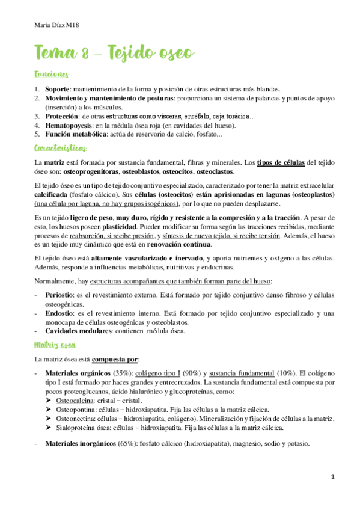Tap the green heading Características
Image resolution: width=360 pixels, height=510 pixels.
click(61, 147)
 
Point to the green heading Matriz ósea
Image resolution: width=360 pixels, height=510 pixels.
click(55, 344)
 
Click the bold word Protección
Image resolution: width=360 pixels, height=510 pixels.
click(62, 116)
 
